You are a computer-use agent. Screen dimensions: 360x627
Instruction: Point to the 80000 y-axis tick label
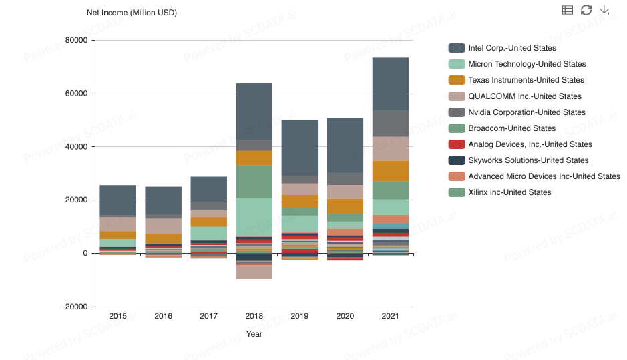pos(77,40)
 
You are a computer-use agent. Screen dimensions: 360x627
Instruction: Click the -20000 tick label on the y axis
pos(75,307)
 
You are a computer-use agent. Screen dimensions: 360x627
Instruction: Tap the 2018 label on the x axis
pos(254,316)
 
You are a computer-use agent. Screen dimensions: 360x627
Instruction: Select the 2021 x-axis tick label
pos(390,316)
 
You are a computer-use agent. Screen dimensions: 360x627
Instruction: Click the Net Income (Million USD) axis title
pos(132,13)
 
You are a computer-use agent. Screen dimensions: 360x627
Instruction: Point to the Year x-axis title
pos(254,334)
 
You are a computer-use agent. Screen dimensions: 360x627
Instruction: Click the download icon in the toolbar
pos(604,10)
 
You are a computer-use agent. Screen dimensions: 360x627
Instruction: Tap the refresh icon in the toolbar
pos(586,10)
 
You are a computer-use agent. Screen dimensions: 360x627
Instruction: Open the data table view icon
pos(568,10)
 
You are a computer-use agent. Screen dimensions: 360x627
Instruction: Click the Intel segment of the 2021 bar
pos(390,83)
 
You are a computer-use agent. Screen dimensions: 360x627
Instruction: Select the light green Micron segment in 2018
pos(254,217)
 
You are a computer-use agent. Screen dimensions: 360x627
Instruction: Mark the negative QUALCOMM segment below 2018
pos(254,272)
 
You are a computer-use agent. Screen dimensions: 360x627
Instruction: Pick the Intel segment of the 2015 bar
pos(118,200)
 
